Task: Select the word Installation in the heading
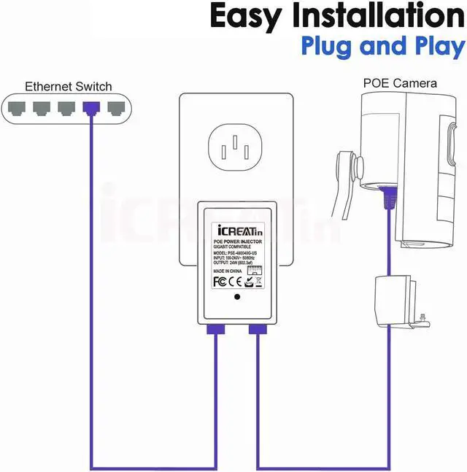point(378,16)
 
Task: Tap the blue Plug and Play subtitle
point(382,46)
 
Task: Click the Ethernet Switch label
point(69,86)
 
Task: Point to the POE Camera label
point(400,83)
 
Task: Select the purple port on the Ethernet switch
point(90,109)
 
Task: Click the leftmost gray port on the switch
point(16,109)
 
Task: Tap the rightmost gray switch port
point(115,109)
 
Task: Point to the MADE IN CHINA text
point(227,270)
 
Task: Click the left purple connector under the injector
point(216,330)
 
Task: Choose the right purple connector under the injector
point(259,330)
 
